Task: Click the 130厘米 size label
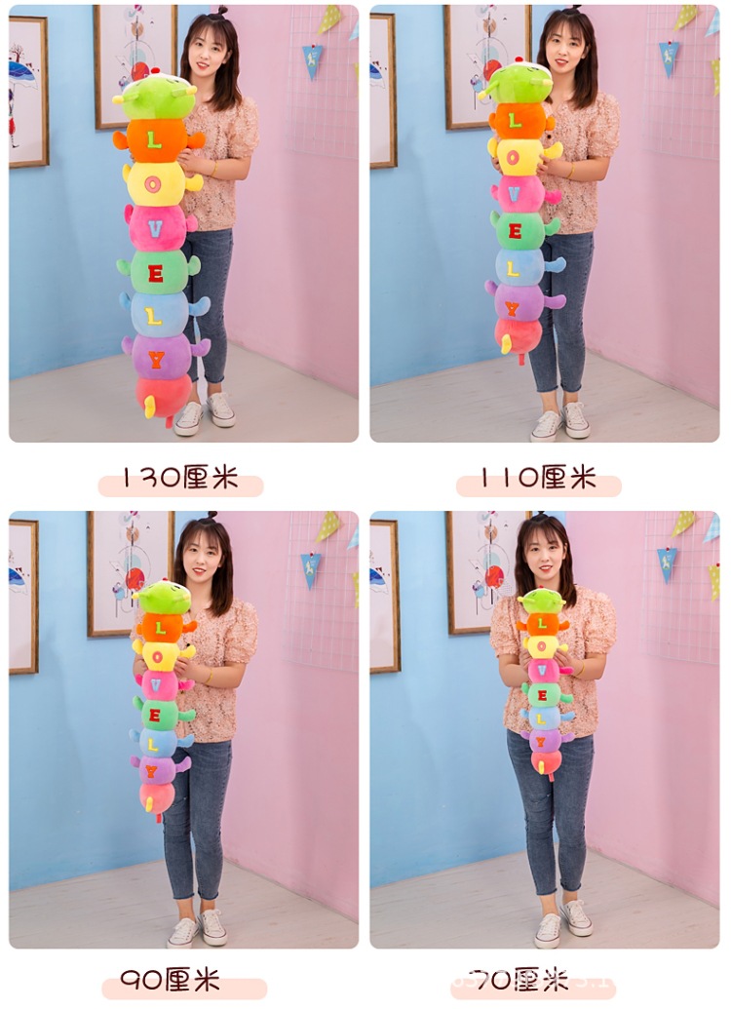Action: pyautogui.click(x=180, y=479)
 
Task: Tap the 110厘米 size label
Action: pyautogui.click(x=538, y=479)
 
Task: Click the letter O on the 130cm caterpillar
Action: pyautogui.click(x=154, y=182)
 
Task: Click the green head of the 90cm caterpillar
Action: pyautogui.click(x=162, y=597)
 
